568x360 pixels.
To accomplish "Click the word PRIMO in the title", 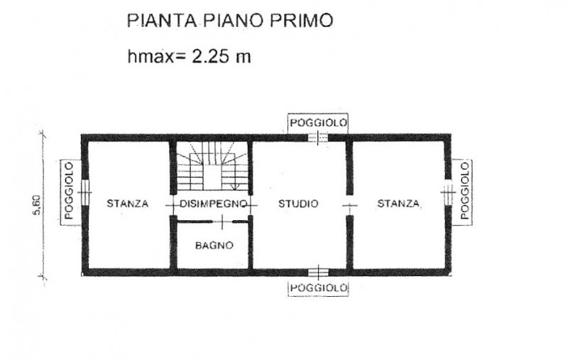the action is (301, 21).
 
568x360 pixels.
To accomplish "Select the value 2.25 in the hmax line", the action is (210, 56).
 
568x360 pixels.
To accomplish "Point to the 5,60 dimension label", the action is (38, 206).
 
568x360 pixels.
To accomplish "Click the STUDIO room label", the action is (298, 204).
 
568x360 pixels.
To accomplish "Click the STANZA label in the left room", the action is (128, 204).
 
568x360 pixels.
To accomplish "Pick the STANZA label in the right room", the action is (398, 204).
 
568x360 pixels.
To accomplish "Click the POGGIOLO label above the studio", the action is (318, 123).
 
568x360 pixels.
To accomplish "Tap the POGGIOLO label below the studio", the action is (319, 288).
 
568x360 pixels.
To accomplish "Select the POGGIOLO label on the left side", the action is (69, 191).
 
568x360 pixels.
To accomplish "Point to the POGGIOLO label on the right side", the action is (465, 191).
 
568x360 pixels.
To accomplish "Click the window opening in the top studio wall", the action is (318, 138).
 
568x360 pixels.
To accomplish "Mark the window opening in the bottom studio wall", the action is (319, 272).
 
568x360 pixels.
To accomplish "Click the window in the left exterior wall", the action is (84, 192).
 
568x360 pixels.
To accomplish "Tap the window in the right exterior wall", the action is (448, 192).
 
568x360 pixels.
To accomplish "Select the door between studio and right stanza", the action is (349, 205).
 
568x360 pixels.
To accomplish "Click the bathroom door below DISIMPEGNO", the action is (222, 222).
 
